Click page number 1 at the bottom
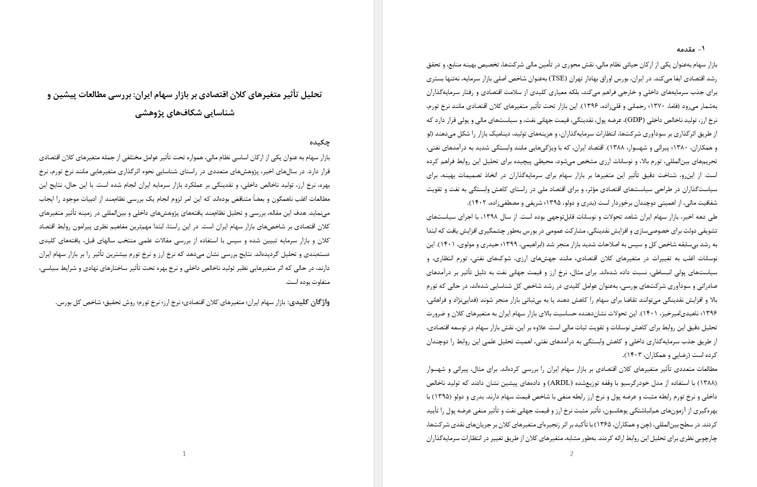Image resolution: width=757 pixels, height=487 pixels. [184, 454]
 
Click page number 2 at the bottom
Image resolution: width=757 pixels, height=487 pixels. [572, 454]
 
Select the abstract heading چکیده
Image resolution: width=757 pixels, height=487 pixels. [320, 142]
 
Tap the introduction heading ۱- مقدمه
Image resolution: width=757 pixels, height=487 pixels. [691, 49]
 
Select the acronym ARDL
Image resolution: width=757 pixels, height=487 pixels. [560, 383]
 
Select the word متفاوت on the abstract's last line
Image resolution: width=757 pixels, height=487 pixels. [318, 282]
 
